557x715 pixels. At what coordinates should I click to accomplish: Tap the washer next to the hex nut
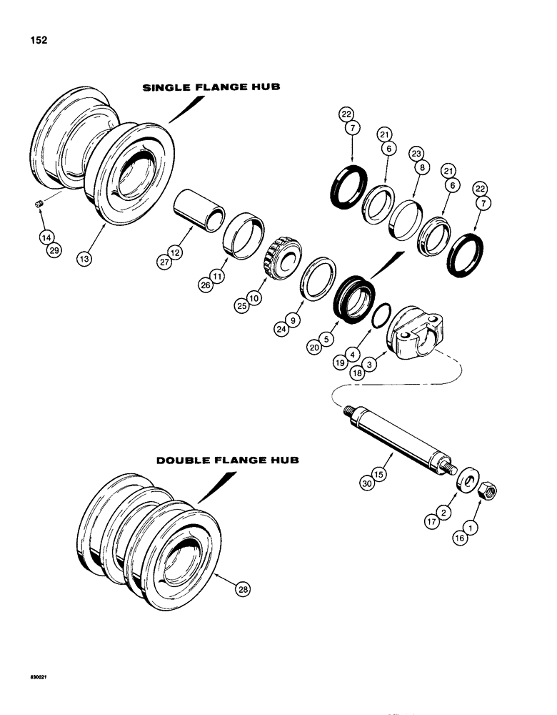pos(467,479)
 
